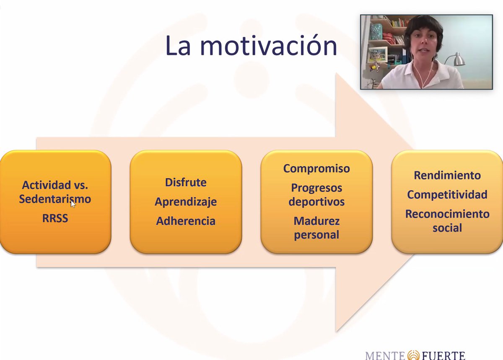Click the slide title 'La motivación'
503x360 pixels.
coord(251,46)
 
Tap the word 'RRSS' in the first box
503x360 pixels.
coord(55,218)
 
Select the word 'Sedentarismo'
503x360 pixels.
coord(55,199)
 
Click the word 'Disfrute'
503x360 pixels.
coord(185,182)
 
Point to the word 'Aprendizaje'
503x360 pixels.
coord(185,202)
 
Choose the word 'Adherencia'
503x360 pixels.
coord(185,221)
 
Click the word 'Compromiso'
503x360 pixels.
coord(316,168)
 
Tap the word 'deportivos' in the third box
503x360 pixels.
coord(316,202)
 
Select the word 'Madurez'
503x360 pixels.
coord(316,221)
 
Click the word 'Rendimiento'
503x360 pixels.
coord(447,175)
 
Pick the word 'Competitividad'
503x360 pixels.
coord(447,194)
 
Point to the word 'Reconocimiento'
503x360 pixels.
coord(447,214)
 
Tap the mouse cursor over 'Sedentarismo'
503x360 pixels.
coord(73,204)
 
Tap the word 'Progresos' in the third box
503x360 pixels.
coord(316,188)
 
